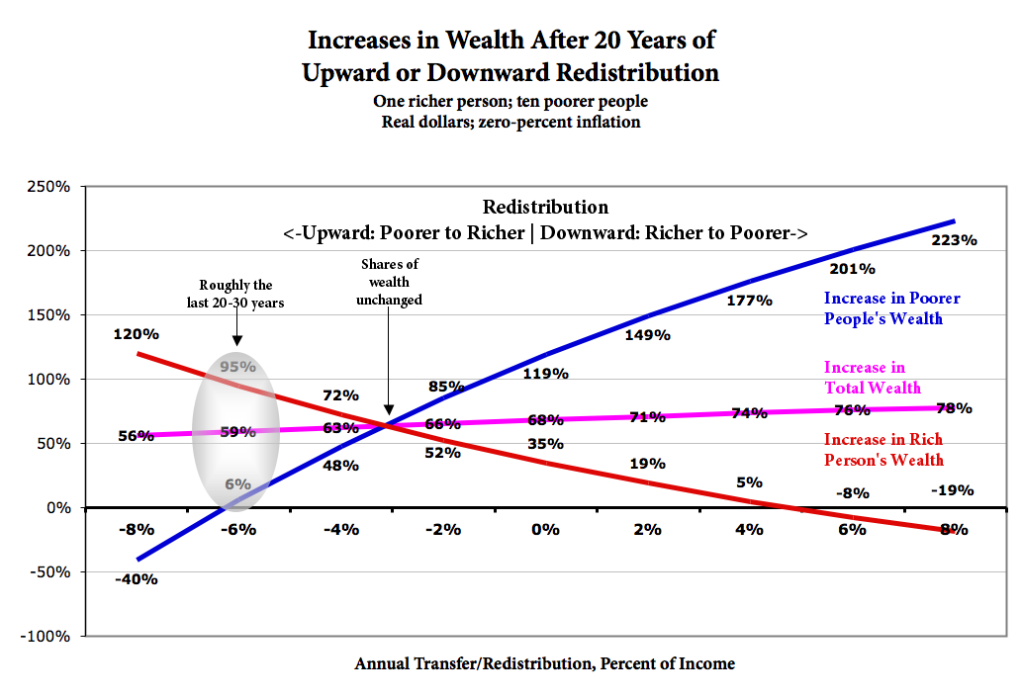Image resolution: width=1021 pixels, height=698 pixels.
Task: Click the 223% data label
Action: [954, 240]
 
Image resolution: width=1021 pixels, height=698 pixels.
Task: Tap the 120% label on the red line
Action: [137, 335]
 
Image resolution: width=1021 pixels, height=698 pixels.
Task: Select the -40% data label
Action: [137, 578]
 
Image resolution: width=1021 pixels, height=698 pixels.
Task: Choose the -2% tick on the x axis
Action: [443, 529]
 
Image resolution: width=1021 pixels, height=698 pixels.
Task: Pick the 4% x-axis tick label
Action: [749, 529]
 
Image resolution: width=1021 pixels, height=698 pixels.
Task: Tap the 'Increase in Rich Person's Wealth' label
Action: [883, 449]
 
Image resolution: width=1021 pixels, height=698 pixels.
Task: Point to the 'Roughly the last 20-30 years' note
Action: [235, 295]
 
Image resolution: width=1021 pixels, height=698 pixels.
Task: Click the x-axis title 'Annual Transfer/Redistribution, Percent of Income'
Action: [544, 663]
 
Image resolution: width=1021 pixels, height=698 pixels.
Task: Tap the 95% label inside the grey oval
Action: [237, 366]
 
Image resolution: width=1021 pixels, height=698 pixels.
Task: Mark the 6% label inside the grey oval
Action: [237, 484]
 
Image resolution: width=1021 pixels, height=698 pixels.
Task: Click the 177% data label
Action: [750, 300]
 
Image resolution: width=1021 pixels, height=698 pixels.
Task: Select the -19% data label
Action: [952, 490]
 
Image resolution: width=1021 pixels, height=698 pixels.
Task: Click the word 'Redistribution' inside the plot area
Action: [545, 208]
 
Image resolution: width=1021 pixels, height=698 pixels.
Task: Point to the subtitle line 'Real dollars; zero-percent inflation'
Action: [511, 123]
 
